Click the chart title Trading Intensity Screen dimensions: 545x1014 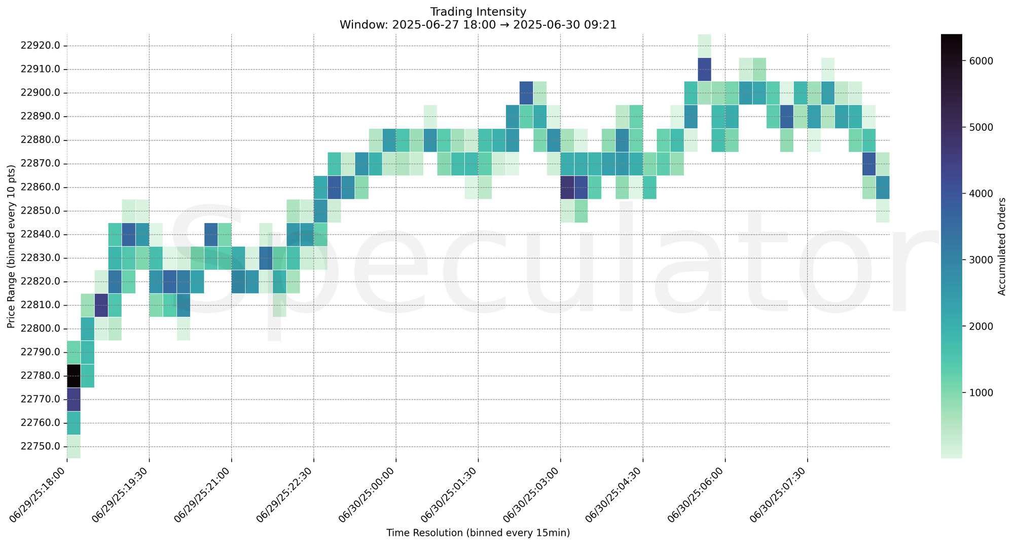[x=478, y=12]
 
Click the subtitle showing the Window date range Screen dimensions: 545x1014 [x=478, y=25]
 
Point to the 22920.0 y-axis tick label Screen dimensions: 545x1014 [x=40, y=46]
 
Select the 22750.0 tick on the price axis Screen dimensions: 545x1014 [x=40, y=446]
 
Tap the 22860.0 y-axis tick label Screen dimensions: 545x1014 [x=40, y=187]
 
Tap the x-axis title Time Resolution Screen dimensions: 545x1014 [x=478, y=533]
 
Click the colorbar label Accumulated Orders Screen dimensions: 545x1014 [x=1001, y=246]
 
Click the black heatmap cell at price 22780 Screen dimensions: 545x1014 [x=74, y=376]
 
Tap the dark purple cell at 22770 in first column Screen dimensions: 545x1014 [x=74, y=399]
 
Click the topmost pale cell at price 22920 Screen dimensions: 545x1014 [x=704, y=46]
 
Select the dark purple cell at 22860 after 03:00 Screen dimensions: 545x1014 [x=567, y=187]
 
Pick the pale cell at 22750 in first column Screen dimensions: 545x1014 [x=74, y=446]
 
